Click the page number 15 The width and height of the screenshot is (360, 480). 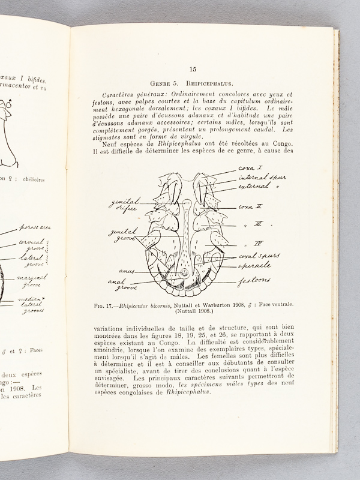coord(193,70)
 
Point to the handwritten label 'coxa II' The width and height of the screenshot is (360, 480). coord(248,207)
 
